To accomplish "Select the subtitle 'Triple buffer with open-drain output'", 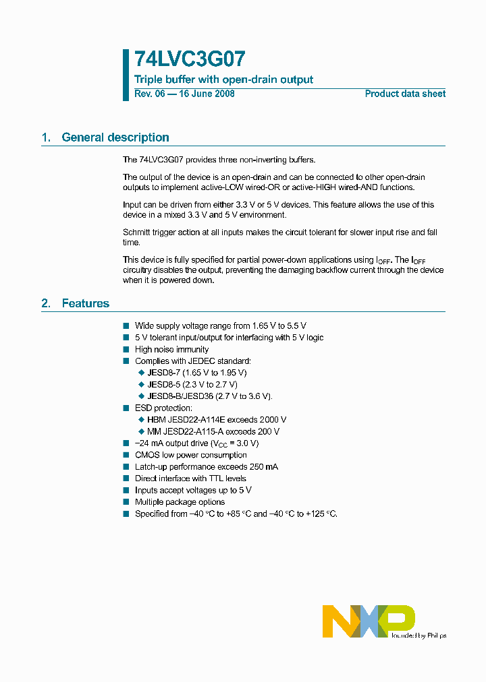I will click(223, 80).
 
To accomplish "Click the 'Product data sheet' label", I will click(405, 94).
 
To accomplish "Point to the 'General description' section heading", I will click(115, 137).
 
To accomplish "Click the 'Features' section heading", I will click(85, 303).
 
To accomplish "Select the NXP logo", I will click(368, 621).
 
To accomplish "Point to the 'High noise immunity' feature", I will click(171, 349).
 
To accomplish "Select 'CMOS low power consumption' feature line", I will click(190, 455).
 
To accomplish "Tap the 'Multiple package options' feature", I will click(180, 502).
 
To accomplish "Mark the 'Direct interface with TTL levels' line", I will click(190, 478).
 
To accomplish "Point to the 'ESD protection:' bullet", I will click(163, 408).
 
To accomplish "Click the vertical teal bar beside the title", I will click(126, 75).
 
